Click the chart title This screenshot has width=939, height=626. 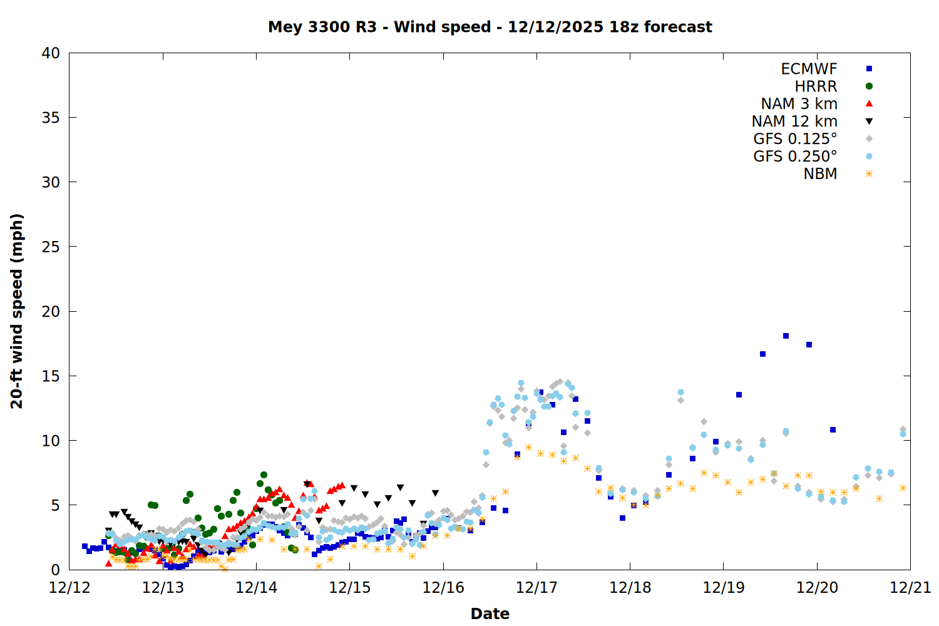(x=490, y=27)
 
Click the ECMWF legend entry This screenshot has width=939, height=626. (x=809, y=69)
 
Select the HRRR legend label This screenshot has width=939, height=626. (x=816, y=86)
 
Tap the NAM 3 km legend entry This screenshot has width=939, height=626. (x=799, y=104)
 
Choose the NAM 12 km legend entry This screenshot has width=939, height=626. (x=794, y=121)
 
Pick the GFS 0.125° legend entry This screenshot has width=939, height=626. (x=795, y=139)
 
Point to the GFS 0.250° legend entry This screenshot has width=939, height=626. (x=795, y=156)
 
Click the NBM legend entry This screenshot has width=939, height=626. (x=820, y=174)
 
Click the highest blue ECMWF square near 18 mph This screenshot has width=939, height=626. (x=786, y=336)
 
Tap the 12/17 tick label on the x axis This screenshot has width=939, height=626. (x=536, y=588)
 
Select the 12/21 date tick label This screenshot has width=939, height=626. (x=910, y=588)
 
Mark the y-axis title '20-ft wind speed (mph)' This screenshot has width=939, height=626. (x=17, y=311)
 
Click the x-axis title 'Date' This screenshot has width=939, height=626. (x=490, y=613)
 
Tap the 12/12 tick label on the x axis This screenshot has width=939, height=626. (x=69, y=588)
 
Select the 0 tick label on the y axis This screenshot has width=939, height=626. (x=56, y=570)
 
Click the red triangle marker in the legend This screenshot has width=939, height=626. (x=869, y=104)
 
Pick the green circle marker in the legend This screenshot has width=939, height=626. (x=869, y=86)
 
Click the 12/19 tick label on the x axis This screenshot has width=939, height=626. (x=724, y=588)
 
